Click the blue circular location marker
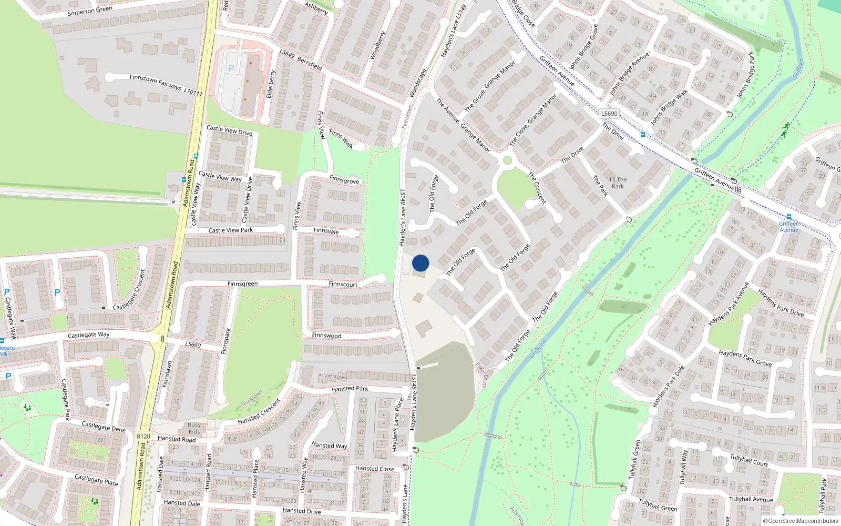(x=420, y=263)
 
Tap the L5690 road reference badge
(x=609, y=114)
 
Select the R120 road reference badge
(x=143, y=436)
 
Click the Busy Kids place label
(x=194, y=428)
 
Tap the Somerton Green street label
(x=90, y=11)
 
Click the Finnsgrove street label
(x=344, y=180)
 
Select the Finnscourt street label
(x=343, y=285)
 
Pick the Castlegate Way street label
(x=89, y=335)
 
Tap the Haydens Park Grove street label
(x=745, y=358)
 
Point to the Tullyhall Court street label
(x=749, y=460)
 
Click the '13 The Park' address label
(x=618, y=183)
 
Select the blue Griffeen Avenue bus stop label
(x=788, y=227)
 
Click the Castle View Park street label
(x=230, y=230)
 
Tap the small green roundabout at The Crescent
(x=507, y=160)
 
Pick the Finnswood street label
(x=326, y=336)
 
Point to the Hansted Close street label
(x=374, y=469)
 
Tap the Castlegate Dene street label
(x=104, y=427)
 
